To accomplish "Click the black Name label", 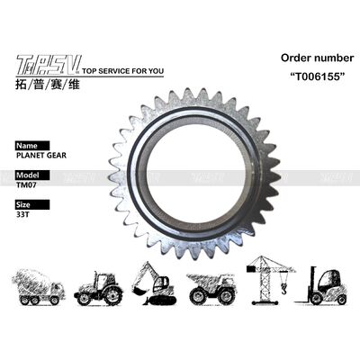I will click(29, 143).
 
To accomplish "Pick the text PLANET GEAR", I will click(41, 154).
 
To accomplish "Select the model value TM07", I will click(27, 184).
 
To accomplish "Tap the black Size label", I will click(27, 204).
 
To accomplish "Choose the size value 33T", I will click(23, 215).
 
